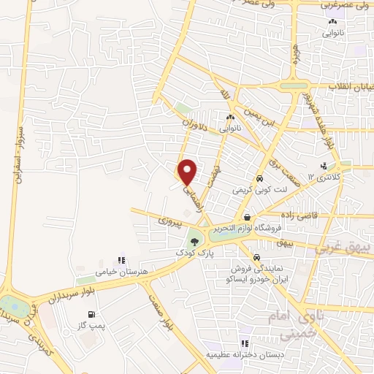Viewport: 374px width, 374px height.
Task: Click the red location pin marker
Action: tap(188, 172)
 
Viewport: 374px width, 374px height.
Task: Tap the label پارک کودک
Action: tap(195, 252)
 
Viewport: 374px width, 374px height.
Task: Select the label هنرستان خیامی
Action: tap(122, 271)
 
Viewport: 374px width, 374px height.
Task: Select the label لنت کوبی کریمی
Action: tap(261, 189)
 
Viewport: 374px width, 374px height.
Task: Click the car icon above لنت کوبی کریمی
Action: tap(259, 178)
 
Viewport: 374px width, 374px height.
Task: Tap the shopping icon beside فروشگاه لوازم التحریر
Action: tap(248, 218)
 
